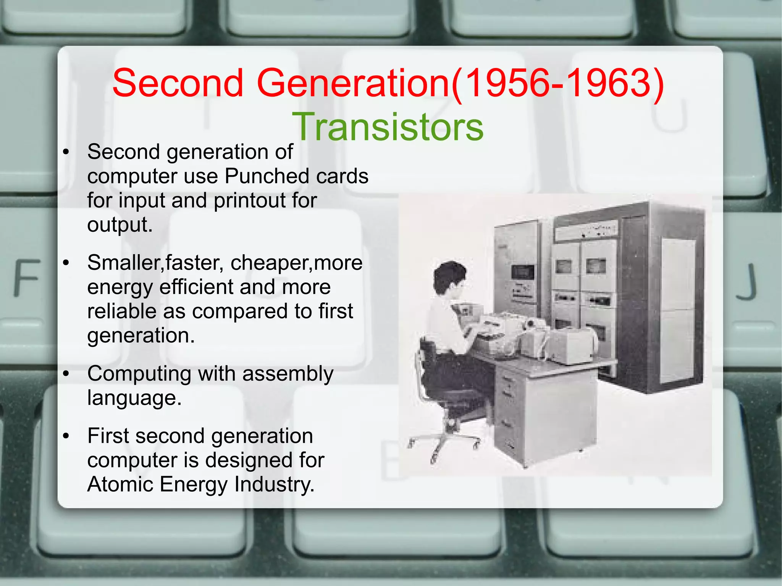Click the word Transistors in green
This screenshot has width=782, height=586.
tap(388, 127)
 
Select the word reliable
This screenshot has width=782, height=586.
tap(121, 311)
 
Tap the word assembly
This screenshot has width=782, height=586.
tap(288, 374)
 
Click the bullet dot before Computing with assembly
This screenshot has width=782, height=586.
tap(66, 374)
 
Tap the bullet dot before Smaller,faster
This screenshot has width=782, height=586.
tap(66, 263)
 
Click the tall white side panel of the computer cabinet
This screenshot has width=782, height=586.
tap(678, 309)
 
